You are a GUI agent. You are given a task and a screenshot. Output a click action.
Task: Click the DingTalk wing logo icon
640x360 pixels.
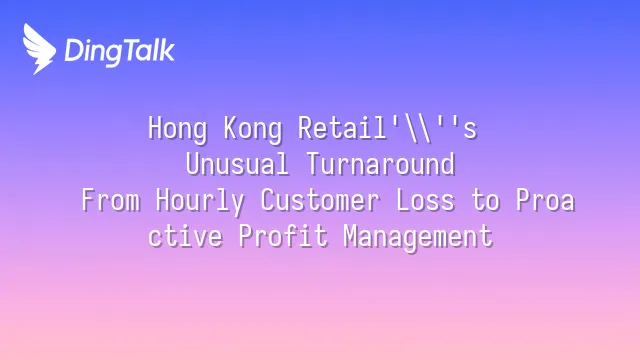39,49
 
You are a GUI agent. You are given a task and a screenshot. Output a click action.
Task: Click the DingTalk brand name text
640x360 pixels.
120,51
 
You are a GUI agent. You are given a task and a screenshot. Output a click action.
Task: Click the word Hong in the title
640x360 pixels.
178,129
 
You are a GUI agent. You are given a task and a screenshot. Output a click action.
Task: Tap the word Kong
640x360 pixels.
253,129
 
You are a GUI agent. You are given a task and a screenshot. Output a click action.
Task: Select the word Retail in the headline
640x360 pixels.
342,128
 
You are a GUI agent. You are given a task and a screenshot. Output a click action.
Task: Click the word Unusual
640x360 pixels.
237,164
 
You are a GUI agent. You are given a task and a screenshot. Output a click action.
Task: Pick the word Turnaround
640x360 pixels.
380,164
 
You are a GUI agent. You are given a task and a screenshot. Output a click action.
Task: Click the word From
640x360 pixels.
111,200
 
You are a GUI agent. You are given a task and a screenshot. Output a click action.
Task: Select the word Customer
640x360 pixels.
320,200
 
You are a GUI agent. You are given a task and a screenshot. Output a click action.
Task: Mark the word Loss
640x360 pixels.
425,200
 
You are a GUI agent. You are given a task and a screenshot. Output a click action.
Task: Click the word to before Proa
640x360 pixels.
485,201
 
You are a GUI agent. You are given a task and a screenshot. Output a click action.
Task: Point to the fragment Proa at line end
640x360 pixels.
545,200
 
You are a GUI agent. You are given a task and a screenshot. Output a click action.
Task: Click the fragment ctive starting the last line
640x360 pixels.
185,236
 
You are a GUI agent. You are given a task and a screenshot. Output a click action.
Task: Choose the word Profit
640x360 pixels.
283,236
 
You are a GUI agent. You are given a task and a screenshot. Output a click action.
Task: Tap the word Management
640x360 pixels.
418,237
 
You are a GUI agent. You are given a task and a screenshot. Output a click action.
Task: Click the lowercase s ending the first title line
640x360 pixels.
470,131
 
